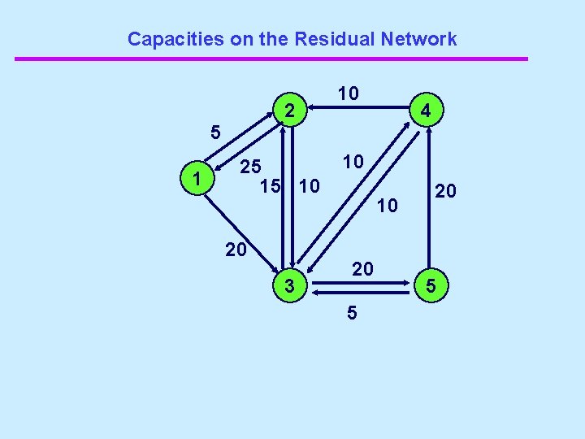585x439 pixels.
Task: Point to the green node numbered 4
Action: pyautogui.click(x=426, y=109)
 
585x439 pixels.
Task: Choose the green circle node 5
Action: pyautogui.click(x=431, y=285)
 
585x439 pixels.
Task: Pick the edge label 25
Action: pyautogui.click(x=250, y=167)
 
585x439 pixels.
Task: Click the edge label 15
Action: pyautogui.click(x=271, y=186)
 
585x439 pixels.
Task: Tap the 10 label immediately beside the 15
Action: pyautogui.click(x=309, y=186)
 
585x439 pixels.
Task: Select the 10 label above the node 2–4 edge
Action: pyautogui.click(x=349, y=93)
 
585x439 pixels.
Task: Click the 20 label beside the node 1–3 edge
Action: pyautogui.click(x=236, y=250)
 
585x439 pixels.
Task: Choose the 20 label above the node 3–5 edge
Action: pyautogui.click(x=362, y=268)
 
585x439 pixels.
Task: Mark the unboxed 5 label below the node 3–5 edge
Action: pyautogui.click(x=351, y=311)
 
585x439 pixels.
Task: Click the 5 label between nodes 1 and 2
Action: pyautogui.click(x=214, y=131)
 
